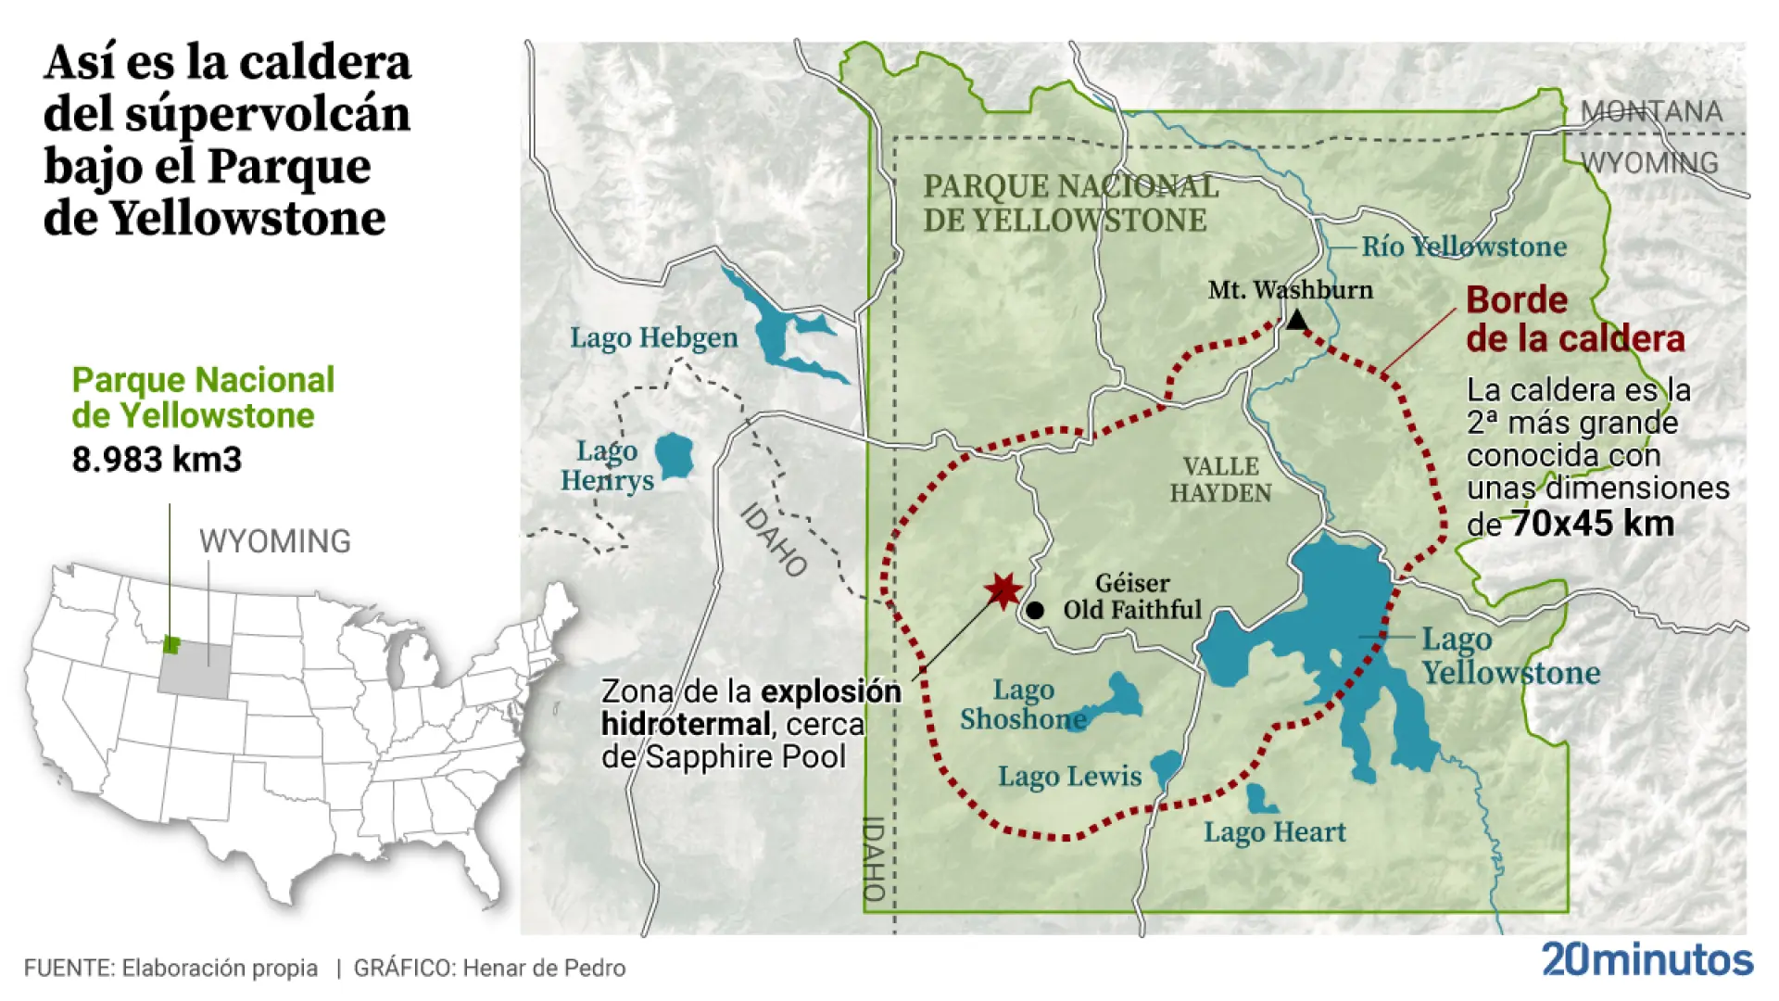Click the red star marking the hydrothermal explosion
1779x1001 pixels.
pos(1003,590)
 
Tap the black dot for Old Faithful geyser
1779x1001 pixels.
pos(1035,611)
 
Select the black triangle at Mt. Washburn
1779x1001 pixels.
pos(1296,322)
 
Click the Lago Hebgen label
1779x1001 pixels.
pos(653,337)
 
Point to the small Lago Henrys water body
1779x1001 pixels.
pos(674,455)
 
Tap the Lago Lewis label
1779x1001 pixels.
pos(1069,776)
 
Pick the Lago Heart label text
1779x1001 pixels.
pos(1274,832)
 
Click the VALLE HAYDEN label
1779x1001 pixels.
pos(1220,479)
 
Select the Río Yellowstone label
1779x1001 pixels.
pos(1463,247)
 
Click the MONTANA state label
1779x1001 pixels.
pos(1651,112)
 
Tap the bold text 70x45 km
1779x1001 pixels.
pos(1593,524)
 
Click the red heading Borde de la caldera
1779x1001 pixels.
pos(1574,320)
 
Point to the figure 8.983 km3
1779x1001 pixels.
pos(157,460)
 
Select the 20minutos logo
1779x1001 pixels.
pos(1647,959)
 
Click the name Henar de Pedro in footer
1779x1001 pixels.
pos(544,969)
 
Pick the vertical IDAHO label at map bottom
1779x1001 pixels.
pos(874,858)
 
